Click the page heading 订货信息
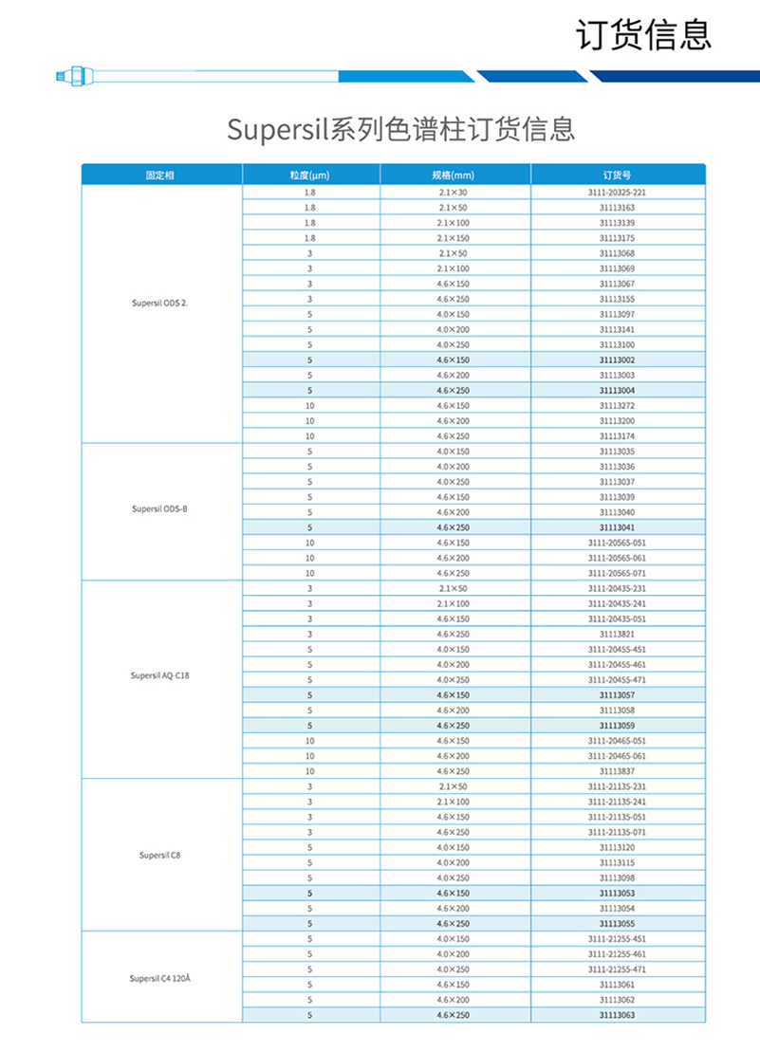643,35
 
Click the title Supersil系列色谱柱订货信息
400,129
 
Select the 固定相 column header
160,175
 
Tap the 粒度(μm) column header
309,175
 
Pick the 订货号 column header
617,175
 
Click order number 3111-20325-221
617,193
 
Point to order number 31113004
617,390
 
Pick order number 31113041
617,527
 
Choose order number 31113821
617,634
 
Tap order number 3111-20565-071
617,573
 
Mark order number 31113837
617,771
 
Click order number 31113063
617,1015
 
